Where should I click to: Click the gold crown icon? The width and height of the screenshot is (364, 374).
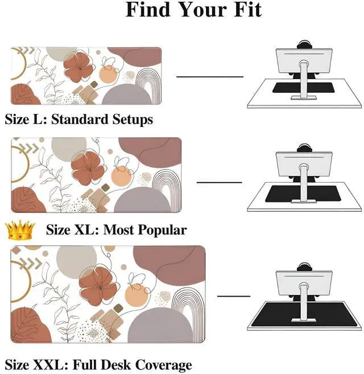tap(19, 230)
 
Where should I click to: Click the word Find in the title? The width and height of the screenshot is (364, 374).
tap(149, 10)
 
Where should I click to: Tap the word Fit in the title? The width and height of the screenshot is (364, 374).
tap(248, 10)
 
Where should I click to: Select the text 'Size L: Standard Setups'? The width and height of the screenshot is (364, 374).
tap(79, 120)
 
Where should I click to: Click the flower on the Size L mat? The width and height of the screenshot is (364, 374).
tap(78, 68)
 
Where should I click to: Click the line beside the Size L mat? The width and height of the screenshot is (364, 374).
tap(209, 76)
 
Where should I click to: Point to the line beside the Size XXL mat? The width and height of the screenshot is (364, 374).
tap(233, 296)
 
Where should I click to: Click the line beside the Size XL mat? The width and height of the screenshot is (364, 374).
tap(219, 182)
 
